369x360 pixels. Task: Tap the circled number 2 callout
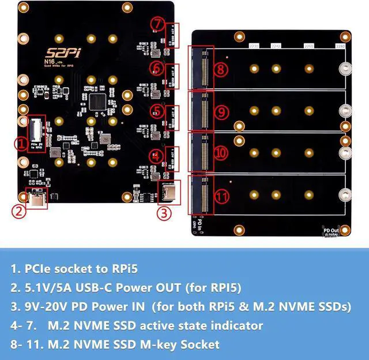click(x=19, y=211)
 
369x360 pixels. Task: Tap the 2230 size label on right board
click(x=253, y=45)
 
